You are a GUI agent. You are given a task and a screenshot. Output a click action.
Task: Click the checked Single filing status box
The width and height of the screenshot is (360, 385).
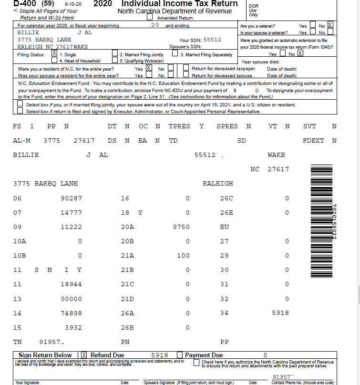tap(54, 54)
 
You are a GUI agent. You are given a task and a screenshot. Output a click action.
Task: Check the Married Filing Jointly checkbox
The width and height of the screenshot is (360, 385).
tap(115, 54)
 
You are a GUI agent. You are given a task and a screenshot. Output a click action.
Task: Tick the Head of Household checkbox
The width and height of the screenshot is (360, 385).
tap(54, 61)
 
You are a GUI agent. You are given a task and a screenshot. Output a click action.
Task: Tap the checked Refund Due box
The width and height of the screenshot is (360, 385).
tap(84, 355)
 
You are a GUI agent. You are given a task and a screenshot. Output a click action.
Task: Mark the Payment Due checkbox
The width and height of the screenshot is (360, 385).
tap(180, 355)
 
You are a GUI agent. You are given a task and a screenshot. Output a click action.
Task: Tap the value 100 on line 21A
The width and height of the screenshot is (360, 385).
tap(183, 255)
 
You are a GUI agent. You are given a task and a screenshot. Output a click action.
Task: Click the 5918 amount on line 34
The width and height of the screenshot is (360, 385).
tap(280, 313)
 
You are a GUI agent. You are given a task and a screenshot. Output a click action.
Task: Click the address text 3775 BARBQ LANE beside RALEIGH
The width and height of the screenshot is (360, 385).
tap(45, 183)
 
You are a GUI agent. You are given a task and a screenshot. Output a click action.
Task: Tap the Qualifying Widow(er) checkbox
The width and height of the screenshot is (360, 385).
tap(115, 61)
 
